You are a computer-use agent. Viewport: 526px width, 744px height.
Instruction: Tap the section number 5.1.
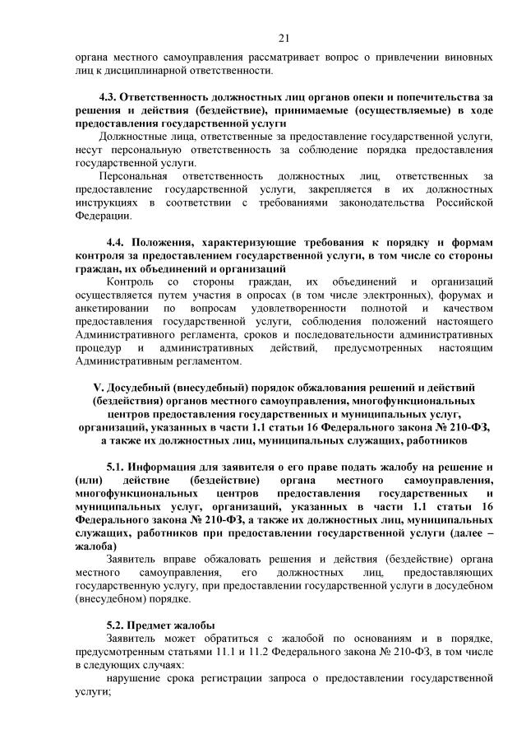coord(117,466)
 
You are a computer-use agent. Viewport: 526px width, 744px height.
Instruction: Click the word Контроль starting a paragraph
coord(131,282)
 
